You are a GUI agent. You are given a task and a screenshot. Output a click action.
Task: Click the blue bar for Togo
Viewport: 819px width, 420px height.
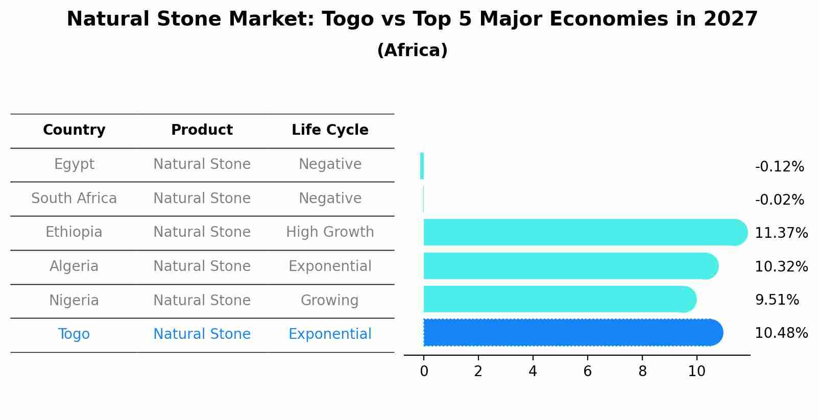click(x=572, y=333)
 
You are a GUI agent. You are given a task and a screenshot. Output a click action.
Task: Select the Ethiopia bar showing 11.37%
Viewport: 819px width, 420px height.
click(x=585, y=233)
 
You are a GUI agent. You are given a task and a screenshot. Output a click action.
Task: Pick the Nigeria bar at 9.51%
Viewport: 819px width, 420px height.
click(x=559, y=300)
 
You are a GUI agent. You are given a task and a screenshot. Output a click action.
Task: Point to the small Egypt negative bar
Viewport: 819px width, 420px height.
click(x=422, y=166)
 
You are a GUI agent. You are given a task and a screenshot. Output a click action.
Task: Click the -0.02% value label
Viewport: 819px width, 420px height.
click(x=779, y=200)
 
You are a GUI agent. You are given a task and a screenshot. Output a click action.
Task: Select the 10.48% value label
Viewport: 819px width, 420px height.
click(x=781, y=333)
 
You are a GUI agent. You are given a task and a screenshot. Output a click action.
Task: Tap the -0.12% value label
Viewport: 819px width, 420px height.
click(x=779, y=167)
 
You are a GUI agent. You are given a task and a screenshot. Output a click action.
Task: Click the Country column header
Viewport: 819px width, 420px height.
click(x=74, y=130)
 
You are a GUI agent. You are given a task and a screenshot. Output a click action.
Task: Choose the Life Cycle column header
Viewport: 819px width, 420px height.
click(x=330, y=130)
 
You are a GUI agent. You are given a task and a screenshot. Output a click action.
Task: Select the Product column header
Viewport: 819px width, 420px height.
click(x=202, y=130)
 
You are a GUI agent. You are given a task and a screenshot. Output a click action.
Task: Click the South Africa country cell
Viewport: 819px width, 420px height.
click(x=74, y=199)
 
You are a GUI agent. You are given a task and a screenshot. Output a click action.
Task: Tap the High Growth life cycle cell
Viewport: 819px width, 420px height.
click(x=330, y=232)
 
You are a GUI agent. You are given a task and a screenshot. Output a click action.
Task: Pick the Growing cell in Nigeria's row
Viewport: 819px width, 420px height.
click(x=329, y=301)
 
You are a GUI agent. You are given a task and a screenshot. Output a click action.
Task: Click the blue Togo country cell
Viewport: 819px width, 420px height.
click(x=74, y=334)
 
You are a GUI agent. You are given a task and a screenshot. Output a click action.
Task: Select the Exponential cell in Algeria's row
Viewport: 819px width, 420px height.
click(x=330, y=266)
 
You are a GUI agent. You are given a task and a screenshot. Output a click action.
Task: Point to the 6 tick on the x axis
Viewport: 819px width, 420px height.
click(x=587, y=372)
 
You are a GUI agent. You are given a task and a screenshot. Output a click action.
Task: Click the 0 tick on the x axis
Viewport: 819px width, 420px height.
click(x=424, y=372)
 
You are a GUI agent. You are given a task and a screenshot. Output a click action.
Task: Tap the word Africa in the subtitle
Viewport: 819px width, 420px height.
click(x=412, y=51)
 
